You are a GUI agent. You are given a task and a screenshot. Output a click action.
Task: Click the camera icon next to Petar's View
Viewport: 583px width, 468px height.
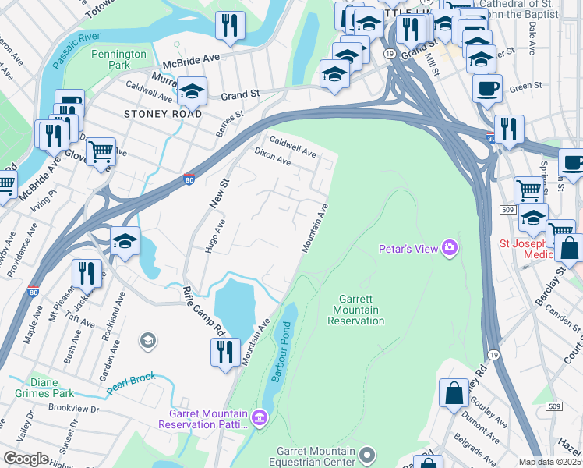click(450, 249)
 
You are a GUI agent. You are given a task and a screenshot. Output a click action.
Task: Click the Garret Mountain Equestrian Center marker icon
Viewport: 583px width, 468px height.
click(369, 453)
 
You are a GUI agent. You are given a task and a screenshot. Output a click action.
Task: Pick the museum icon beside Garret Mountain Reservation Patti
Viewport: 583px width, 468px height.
click(260, 418)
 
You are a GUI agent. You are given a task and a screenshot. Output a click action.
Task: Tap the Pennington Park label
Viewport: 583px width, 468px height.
click(118, 59)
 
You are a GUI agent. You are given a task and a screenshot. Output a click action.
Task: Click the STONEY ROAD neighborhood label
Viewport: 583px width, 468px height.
click(163, 114)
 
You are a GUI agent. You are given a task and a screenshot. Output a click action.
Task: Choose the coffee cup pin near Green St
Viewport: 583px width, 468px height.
click(487, 88)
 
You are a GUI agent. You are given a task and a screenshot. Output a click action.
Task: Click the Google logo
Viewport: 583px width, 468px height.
click(26, 459)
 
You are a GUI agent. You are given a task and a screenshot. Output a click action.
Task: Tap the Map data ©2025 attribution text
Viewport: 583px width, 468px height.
click(550, 462)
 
